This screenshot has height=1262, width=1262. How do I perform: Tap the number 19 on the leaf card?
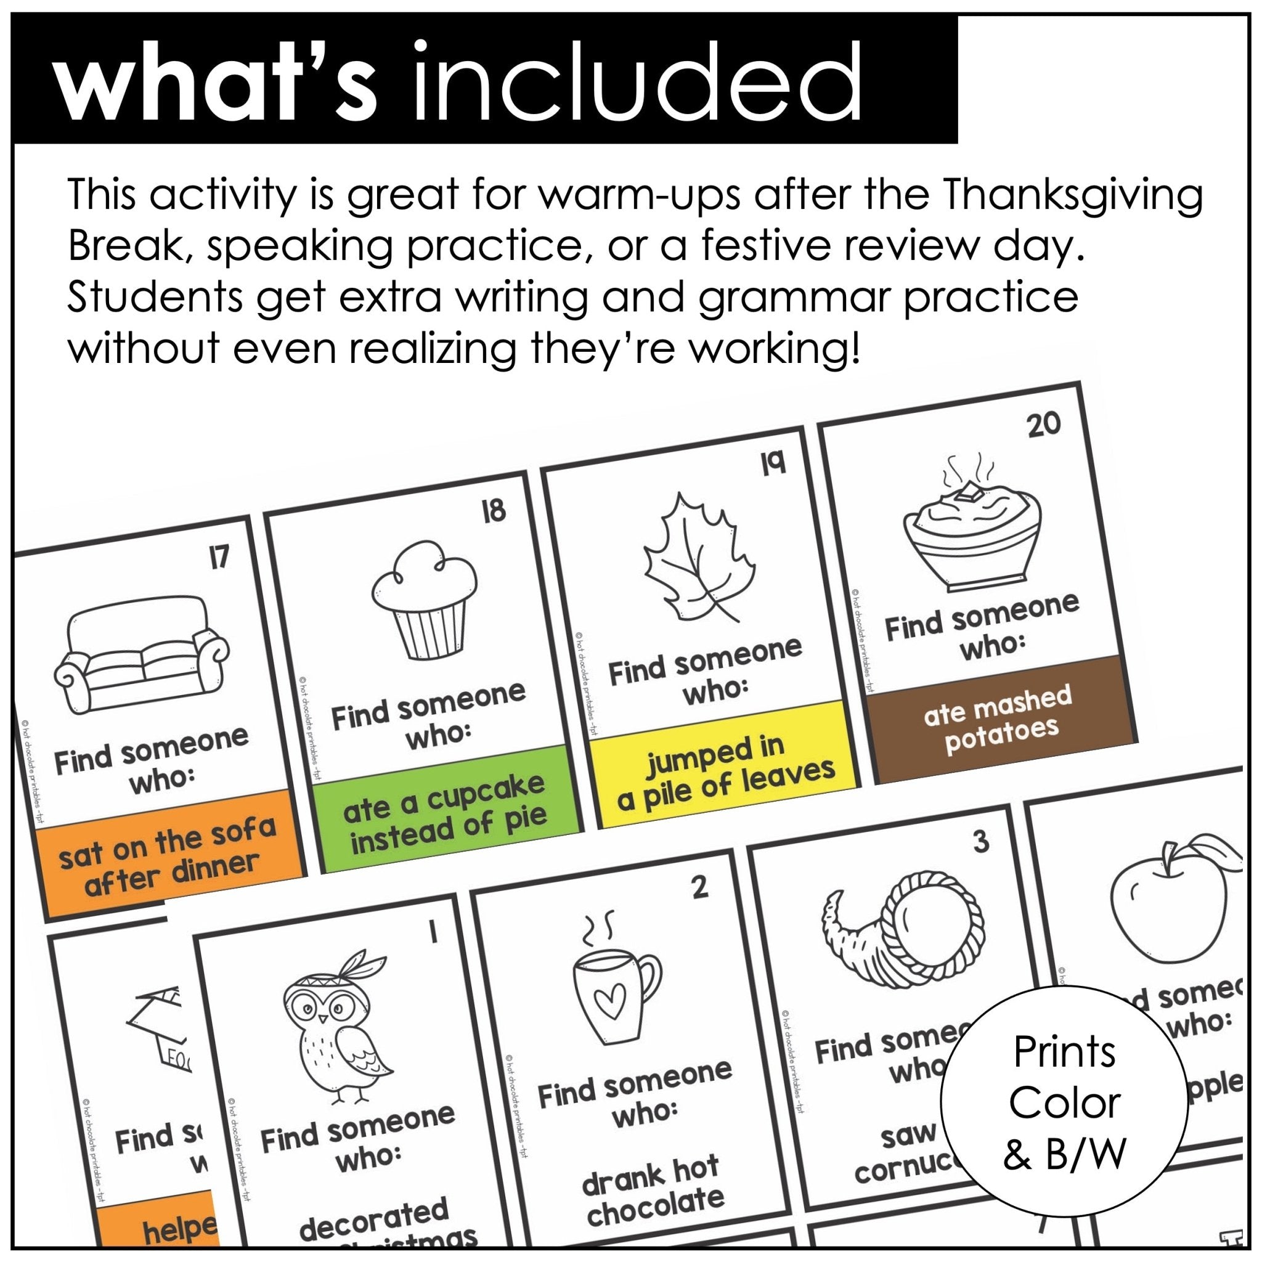(x=773, y=463)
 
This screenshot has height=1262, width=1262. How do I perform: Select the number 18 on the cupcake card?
(x=494, y=510)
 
